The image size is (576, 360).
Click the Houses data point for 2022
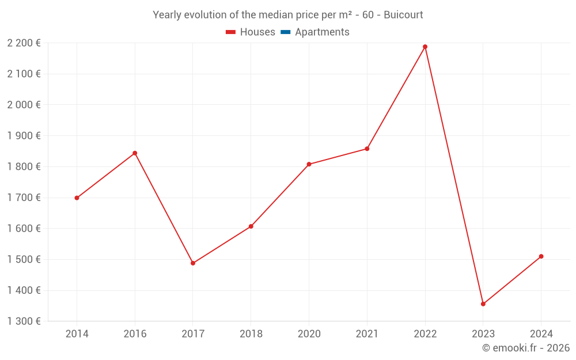[425, 47]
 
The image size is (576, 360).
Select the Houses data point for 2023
[483, 304]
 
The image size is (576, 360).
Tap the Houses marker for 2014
[77, 198]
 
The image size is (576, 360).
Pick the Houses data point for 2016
[135, 153]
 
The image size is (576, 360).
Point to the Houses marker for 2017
[193, 263]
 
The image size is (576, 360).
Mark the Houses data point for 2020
[309, 164]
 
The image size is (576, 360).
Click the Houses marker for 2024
[541, 256]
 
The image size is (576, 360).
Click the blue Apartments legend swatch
[285, 32]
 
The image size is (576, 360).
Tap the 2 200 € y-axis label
[24, 43]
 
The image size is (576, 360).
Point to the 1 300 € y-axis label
[24, 321]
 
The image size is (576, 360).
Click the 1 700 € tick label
[24, 198]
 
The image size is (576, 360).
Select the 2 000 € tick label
[24, 105]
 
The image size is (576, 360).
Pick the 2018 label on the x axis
[251, 334]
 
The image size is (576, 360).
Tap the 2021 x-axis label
[367, 334]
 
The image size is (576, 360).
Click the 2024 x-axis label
[541, 334]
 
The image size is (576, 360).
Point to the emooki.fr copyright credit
[525, 348]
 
